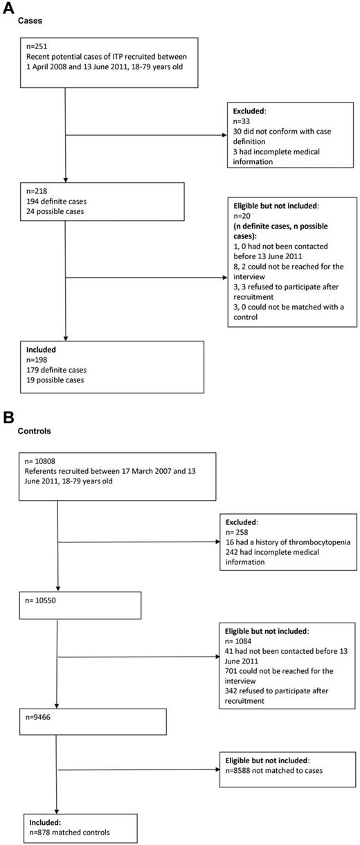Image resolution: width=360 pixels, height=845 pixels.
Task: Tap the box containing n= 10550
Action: tap(82, 605)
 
